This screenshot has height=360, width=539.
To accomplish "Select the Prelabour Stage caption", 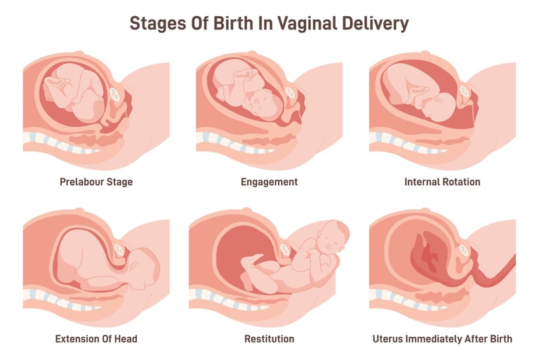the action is [96, 182].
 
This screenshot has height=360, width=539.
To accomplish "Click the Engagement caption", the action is [269, 182].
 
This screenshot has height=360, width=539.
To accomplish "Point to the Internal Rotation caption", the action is [442, 182].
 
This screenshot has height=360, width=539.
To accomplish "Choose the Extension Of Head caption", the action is [96, 339].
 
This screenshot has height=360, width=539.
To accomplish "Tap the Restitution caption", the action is [269, 339].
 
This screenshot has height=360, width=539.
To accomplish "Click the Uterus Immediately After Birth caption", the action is [442, 339].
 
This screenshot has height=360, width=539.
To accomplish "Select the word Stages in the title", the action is [155, 22].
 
